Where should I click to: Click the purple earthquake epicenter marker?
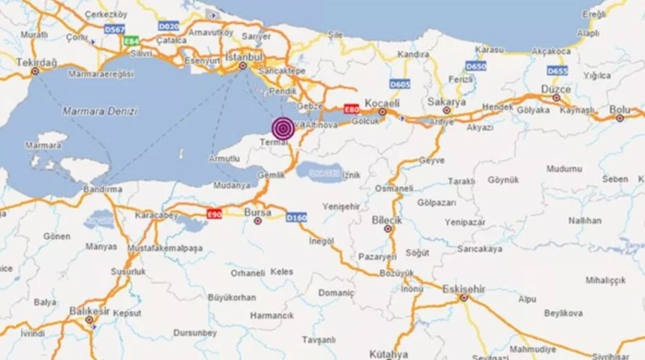point(283,129)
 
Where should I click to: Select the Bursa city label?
point(257,212)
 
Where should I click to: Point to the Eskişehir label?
point(463,288)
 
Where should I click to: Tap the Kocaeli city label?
point(382,103)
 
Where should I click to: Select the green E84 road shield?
point(132,41)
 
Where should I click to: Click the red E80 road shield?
point(351,109)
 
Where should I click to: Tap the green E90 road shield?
point(214,214)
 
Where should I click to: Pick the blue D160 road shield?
point(297,217)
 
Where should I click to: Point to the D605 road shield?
point(400,84)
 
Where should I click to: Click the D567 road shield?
point(115,28)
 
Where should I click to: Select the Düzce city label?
point(556,88)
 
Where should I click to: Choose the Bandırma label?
point(103,190)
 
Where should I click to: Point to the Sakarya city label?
point(446,101)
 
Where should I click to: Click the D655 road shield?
point(556,70)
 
